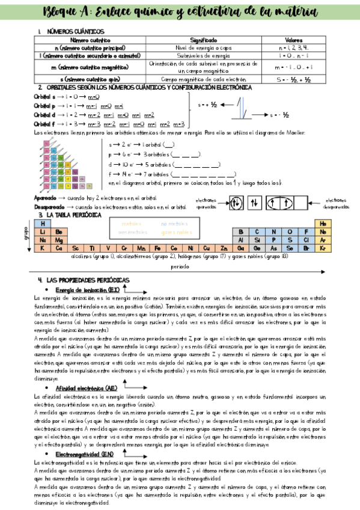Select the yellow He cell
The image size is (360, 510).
point(323,223)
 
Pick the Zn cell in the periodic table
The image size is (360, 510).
point(224,247)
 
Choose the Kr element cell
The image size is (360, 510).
point(323,247)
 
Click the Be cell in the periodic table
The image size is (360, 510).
point(59,231)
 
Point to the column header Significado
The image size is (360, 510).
point(204,39)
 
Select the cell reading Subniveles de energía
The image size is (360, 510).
point(204,55)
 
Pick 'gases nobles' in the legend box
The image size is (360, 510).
point(177,232)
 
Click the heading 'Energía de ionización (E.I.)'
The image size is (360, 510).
point(88,289)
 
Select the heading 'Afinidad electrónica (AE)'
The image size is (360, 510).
point(87,389)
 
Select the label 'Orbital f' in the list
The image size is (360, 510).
point(44,124)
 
